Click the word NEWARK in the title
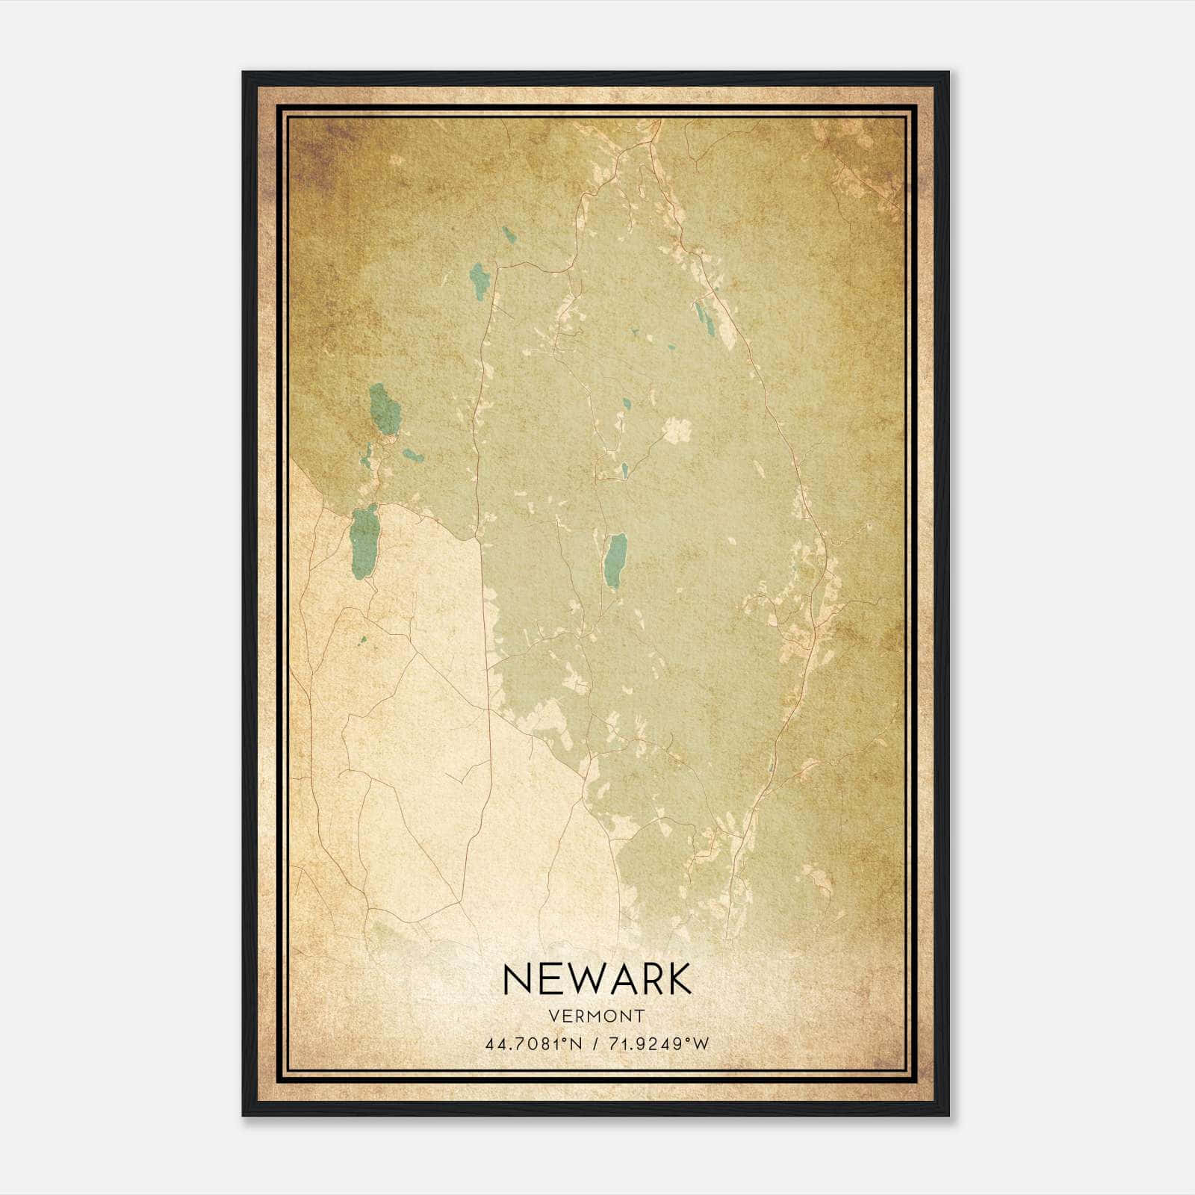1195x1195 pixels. click(x=597, y=980)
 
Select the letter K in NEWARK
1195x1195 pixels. click(x=677, y=980)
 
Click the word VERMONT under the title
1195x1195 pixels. click(x=597, y=1016)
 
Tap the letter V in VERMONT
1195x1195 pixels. click(x=553, y=1016)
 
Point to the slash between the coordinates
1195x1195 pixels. click(x=595, y=1044)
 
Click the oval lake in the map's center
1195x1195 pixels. click(x=615, y=561)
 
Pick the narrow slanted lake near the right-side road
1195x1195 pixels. click(x=704, y=317)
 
